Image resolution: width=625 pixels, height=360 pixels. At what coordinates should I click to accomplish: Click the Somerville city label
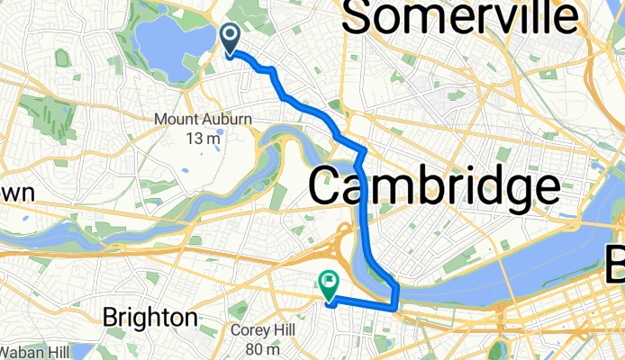pos(459,18)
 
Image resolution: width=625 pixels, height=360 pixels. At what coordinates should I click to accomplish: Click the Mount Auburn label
pos(203,119)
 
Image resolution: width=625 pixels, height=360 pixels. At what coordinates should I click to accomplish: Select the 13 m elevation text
pos(204,138)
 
